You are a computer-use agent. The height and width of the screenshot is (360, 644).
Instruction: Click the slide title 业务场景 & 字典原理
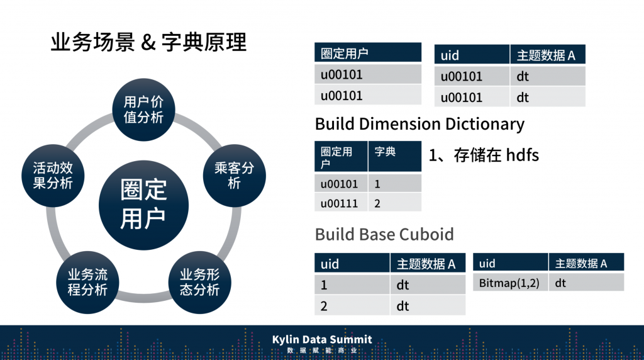(148, 43)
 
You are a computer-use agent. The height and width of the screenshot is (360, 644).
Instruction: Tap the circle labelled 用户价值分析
(143, 110)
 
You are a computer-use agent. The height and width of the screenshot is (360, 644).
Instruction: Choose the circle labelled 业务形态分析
(200, 282)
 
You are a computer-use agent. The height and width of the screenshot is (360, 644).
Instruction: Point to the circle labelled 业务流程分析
(87, 282)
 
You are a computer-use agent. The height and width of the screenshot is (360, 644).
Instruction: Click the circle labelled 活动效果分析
(53, 176)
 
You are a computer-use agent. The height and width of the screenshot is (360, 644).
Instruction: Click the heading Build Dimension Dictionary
(419, 123)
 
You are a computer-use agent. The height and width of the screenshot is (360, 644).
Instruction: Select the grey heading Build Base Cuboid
(384, 235)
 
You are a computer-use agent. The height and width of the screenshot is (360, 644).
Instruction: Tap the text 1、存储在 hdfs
(484, 155)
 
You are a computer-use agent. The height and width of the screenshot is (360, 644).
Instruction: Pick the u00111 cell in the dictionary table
(340, 203)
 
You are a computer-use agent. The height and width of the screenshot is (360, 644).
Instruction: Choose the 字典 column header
(385, 152)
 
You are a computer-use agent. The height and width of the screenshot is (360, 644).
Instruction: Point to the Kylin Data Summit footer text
(322, 339)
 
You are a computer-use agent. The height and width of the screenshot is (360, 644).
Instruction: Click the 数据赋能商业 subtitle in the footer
(322, 351)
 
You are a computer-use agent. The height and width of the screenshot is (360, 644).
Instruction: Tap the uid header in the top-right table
(450, 55)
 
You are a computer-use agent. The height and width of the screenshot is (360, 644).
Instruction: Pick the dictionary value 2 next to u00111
(377, 203)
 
